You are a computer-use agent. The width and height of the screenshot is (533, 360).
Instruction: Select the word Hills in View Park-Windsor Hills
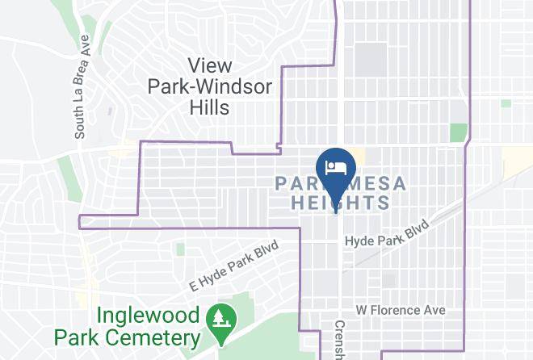tap(210, 107)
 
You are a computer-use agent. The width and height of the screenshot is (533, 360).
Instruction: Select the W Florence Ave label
tap(401, 310)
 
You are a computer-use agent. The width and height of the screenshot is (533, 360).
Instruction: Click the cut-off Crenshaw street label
tap(338, 343)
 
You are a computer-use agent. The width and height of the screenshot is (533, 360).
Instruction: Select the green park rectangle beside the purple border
tap(458, 133)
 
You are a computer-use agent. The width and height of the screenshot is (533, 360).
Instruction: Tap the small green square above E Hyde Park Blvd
tap(179, 249)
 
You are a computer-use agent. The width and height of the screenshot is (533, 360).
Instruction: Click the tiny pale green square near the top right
tap(506, 103)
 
